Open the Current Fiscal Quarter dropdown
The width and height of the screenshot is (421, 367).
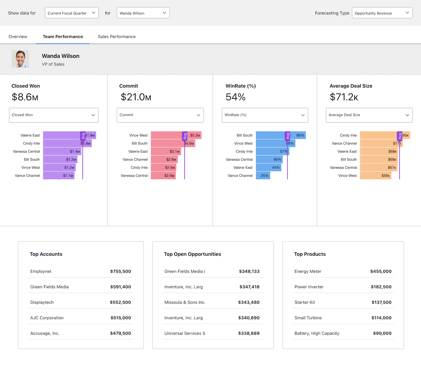[72, 13]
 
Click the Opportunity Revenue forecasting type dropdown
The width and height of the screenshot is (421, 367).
[382, 13]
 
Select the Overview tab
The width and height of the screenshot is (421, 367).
[18, 37]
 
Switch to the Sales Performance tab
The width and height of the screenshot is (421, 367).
[116, 37]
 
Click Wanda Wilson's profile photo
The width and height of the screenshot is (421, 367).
[20, 59]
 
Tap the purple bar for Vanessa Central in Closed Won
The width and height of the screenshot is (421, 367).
[62, 152]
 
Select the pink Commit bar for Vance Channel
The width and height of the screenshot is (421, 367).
[164, 160]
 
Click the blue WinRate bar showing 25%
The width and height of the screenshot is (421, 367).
[263, 176]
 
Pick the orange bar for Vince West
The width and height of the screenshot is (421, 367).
[375, 176]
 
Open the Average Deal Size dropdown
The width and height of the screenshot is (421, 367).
[369, 115]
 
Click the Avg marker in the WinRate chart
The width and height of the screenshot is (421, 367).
[287, 136]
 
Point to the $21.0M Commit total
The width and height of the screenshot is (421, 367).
[136, 97]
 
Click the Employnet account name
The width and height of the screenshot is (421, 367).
[41, 271]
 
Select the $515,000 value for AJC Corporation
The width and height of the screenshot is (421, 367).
[121, 318]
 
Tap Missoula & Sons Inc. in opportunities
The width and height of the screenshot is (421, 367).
[185, 302]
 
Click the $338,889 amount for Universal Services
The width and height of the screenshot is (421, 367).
[249, 333]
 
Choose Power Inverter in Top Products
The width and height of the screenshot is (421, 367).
[309, 287]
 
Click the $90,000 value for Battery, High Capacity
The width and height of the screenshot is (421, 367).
[382, 333]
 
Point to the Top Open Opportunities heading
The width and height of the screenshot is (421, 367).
[192, 254]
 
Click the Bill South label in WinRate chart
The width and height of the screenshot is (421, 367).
[244, 136]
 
